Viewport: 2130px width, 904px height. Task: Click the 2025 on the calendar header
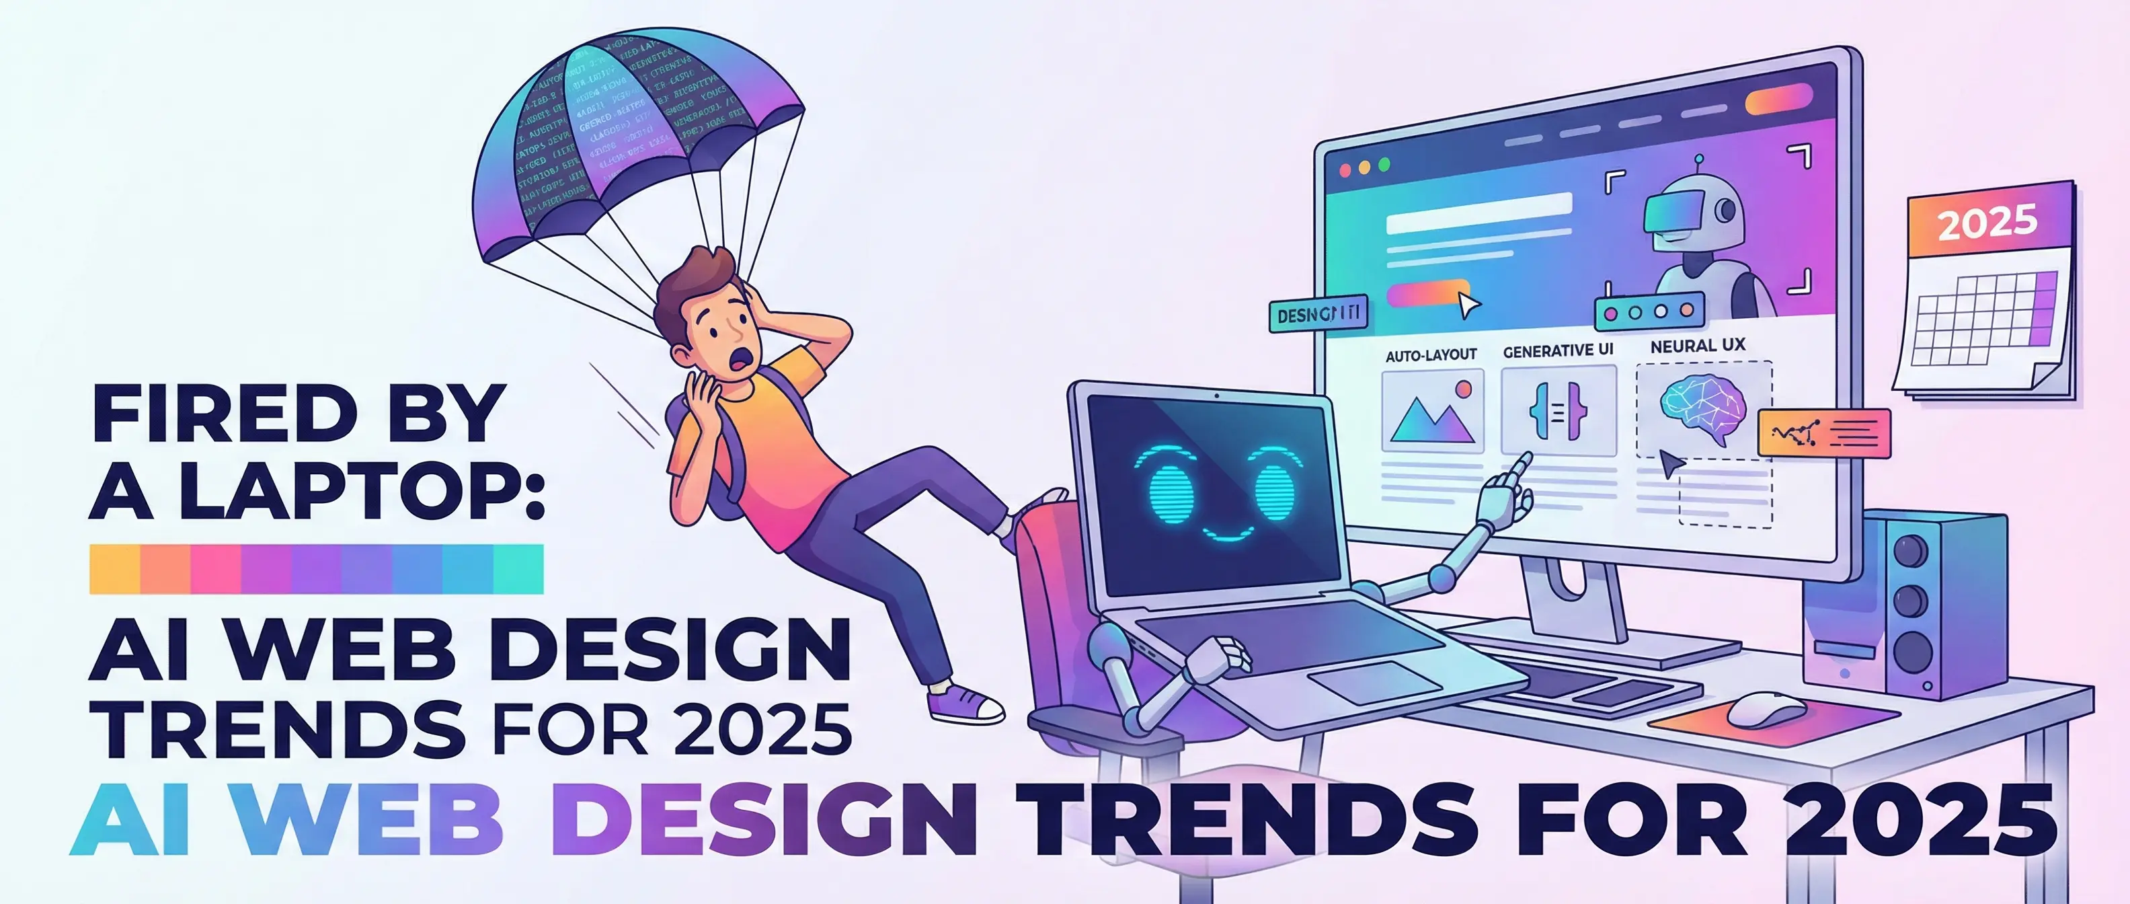tap(1987, 222)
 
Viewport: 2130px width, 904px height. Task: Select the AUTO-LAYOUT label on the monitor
tap(1431, 355)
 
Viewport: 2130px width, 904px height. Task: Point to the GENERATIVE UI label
tap(1558, 350)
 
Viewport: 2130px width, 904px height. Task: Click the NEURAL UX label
tap(1698, 346)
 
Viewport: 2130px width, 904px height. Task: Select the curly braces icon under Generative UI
tap(1558, 411)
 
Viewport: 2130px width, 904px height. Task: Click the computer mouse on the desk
tap(1767, 710)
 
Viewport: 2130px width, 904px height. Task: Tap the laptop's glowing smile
tap(1227, 533)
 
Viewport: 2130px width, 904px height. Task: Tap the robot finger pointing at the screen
tap(1518, 467)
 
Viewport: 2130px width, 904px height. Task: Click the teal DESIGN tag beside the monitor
tap(1318, 314)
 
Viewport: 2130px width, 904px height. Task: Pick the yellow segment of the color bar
tap(114, 569)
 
